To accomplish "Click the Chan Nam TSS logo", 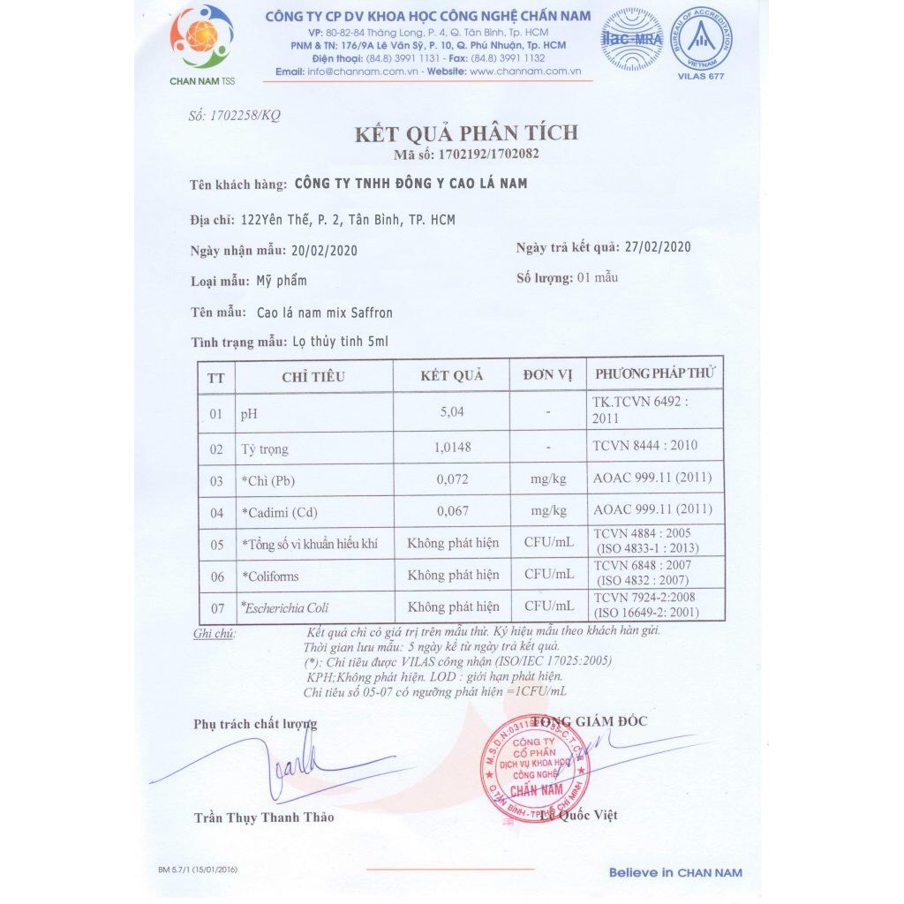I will point(202,41).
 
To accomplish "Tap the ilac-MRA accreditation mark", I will point(631,40).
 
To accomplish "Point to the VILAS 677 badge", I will point(704,39).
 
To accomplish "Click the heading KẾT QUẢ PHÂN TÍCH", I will point(466,133).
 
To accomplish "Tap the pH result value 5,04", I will point(451,411).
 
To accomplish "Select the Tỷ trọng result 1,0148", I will point(452,448).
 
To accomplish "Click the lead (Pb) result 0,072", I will point(452,479).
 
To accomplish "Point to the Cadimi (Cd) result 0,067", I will point(452,510).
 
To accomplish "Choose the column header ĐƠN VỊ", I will point(547,375).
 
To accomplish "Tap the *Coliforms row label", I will point(270,576).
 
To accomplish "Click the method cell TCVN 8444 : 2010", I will point(644,445).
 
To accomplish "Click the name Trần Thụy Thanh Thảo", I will point(264,817).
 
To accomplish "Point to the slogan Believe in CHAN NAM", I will point(675,872).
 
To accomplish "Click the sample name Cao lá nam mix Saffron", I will point(324,313).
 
